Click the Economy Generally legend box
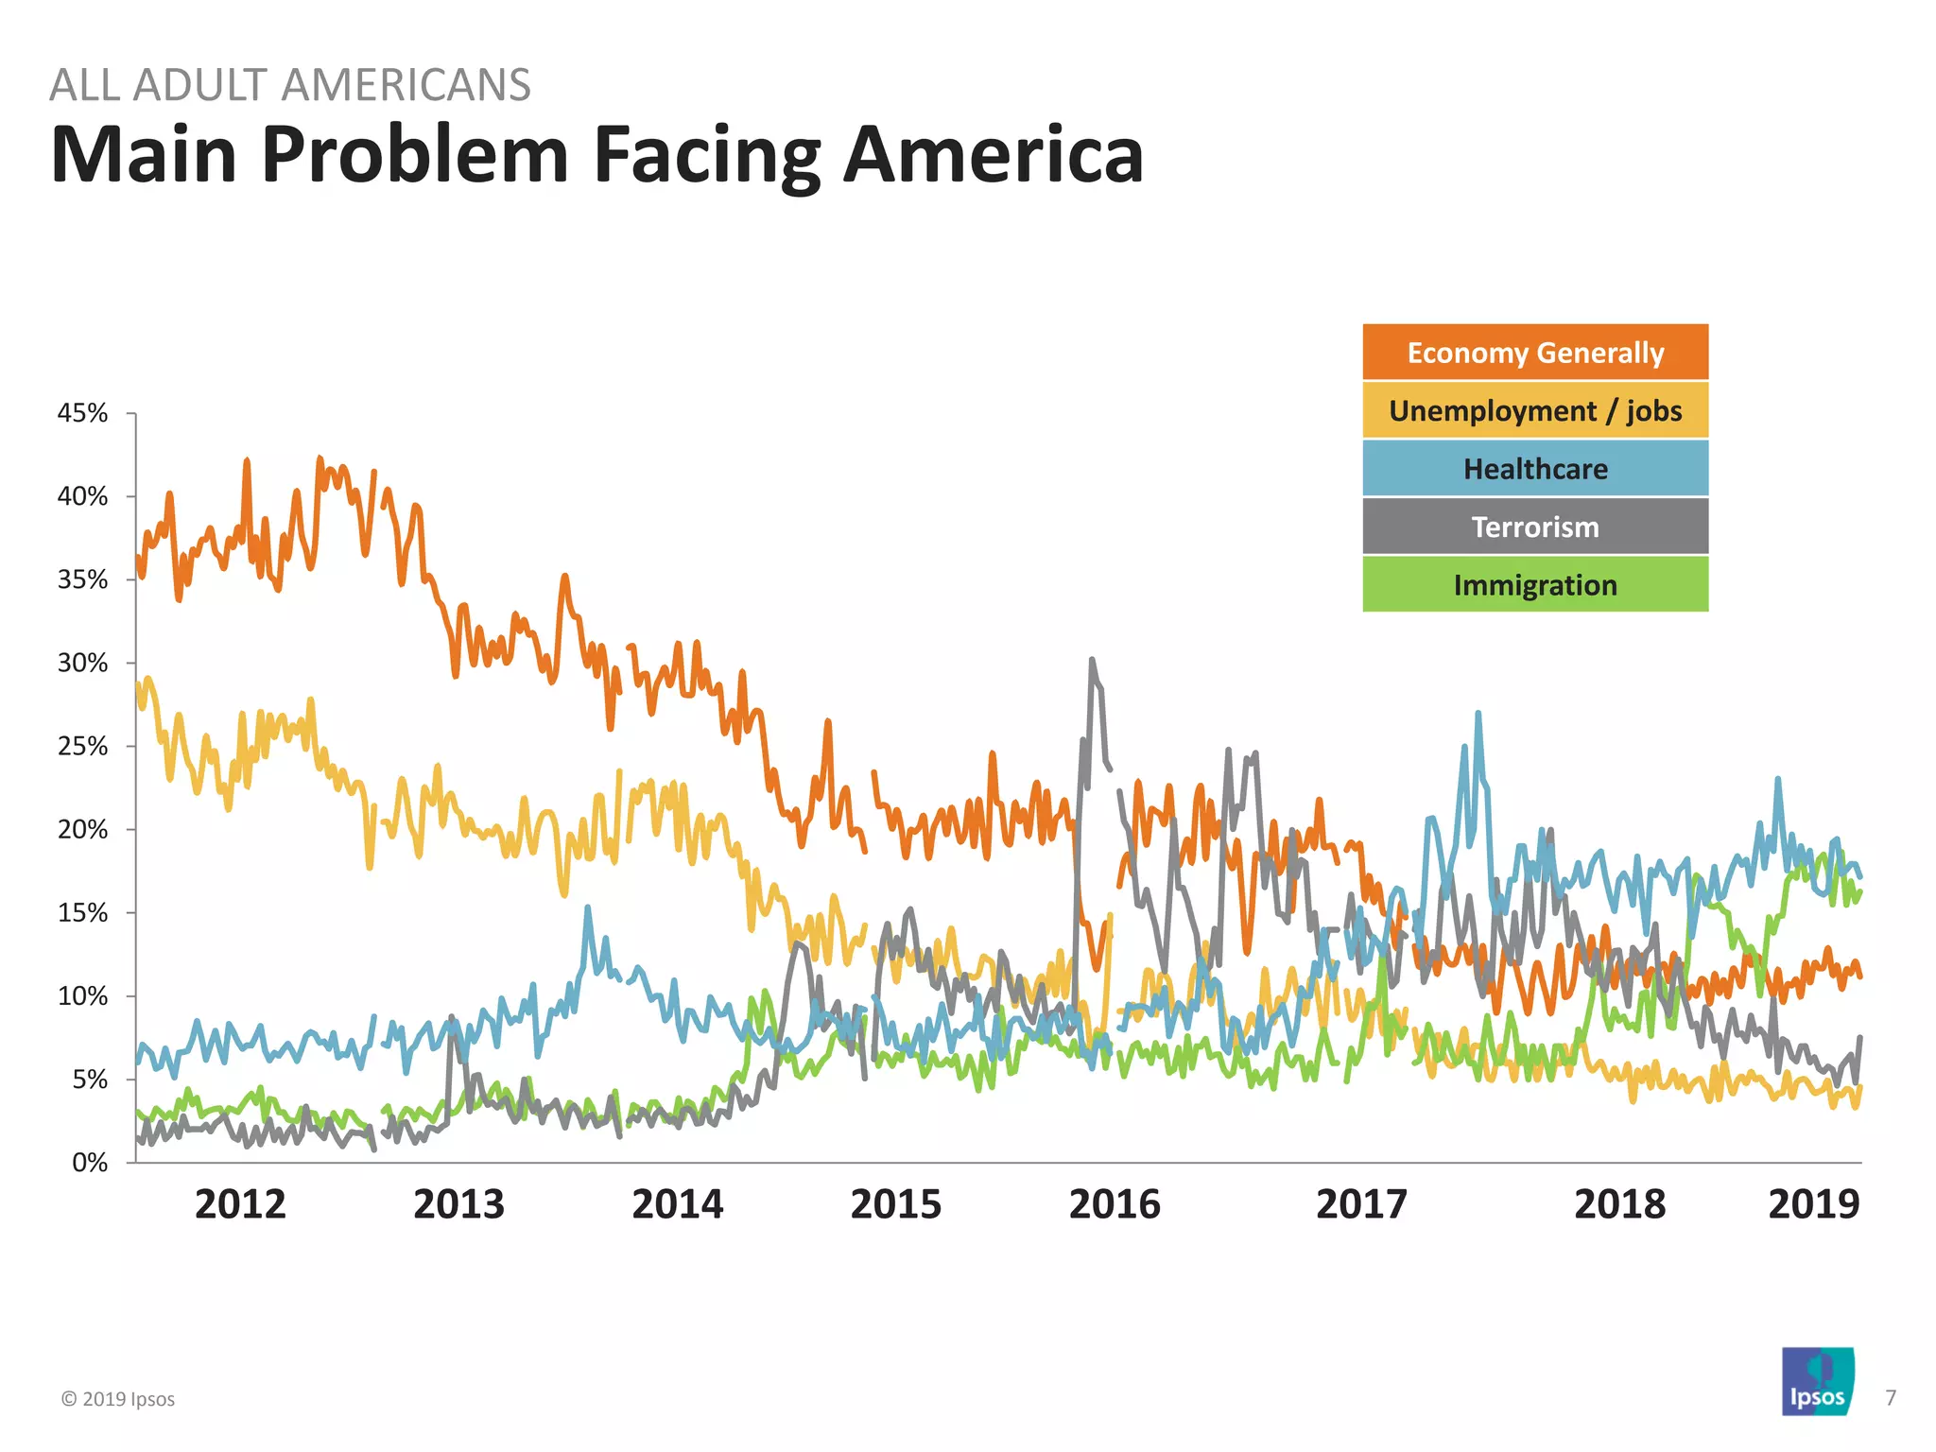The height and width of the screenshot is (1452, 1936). (1534, 352)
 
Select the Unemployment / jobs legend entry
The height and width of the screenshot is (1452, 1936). (1534, 410)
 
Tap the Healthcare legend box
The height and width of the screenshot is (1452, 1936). (1534, 469)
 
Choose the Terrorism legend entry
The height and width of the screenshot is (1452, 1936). (1534, 527)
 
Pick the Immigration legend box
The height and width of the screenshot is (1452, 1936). (1534, 585)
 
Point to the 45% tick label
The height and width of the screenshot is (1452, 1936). (83, 413)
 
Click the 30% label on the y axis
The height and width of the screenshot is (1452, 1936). (83, 663)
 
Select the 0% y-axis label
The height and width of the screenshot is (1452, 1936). (90, 1163)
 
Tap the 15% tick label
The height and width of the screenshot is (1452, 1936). (83, 913)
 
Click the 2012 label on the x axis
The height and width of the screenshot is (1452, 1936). (240, 1204)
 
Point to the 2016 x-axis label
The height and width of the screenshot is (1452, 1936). (1115, 1204)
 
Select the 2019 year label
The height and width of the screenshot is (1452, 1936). (1813, 1204)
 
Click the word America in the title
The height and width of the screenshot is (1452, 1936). (993, 154)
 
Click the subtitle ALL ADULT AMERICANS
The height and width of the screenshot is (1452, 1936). (289, 85)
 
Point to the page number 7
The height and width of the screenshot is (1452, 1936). (1890, 1397)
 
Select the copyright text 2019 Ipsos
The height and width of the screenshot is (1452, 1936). (118, 1399)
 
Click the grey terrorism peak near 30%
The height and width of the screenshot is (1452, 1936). (1092, 661)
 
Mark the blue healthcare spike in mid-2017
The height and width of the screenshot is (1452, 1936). (1478, 715)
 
